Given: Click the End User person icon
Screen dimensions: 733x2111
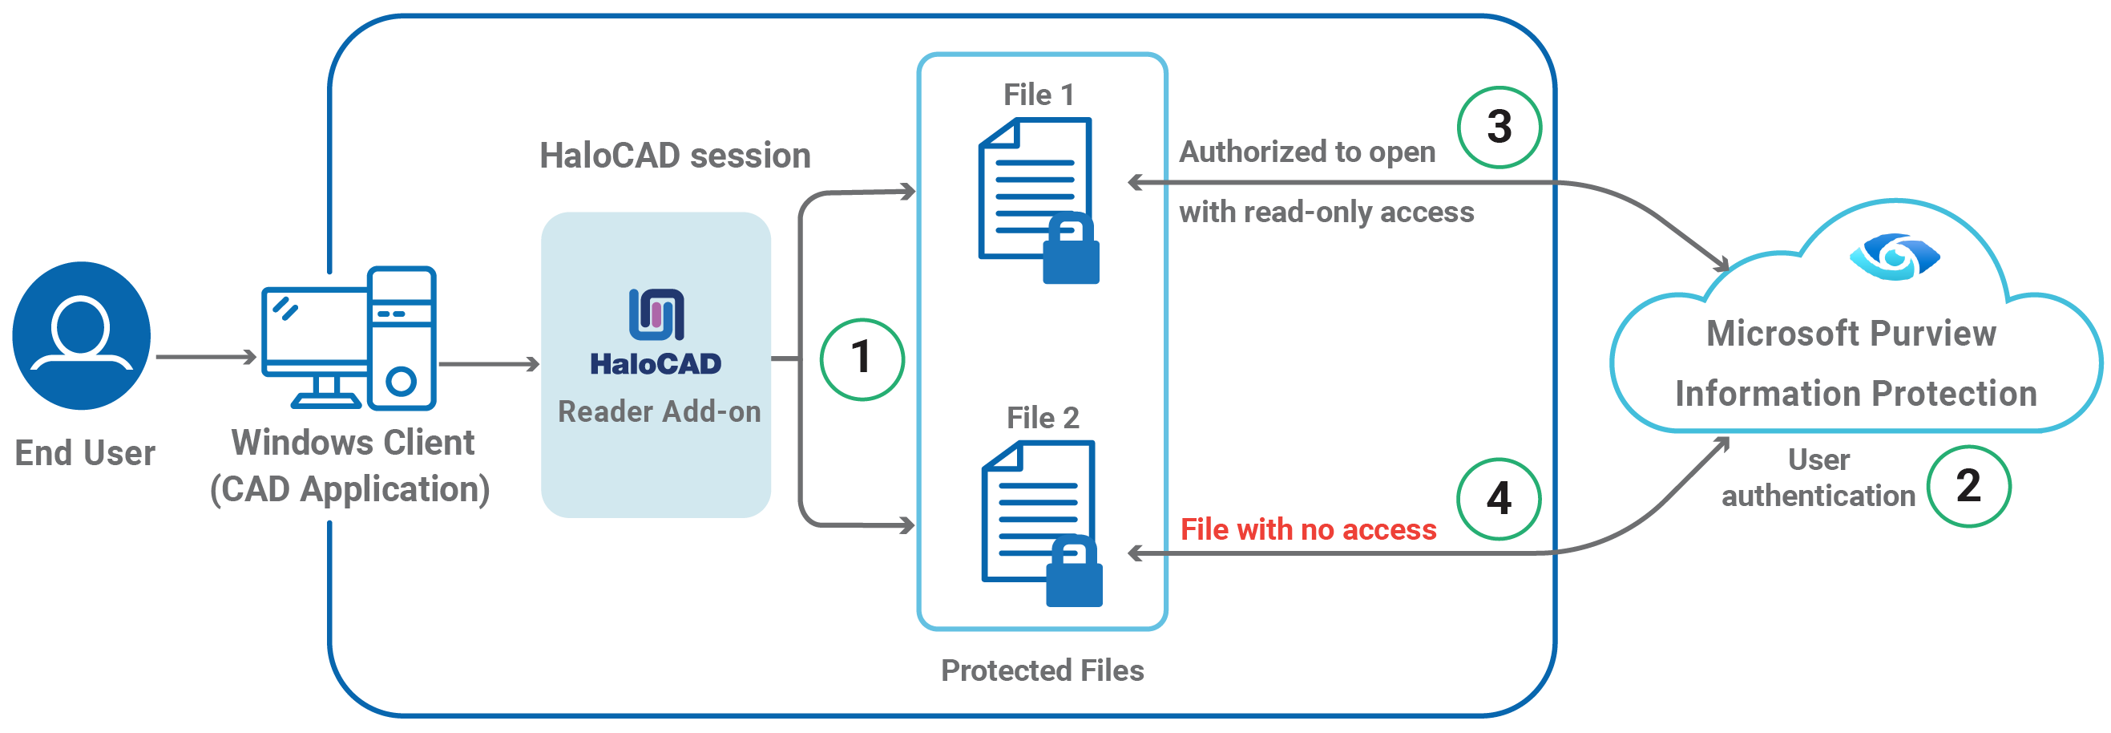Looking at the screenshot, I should (x=81, y=335).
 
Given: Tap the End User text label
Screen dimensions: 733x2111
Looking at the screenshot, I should (x=84, y=453).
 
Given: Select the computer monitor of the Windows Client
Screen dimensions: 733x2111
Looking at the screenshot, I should (x=315, y=332).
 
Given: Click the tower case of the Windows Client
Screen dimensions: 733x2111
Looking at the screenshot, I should (x=402, y=338).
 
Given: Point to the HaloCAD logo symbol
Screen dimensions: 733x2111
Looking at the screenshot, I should (x=656, y=314).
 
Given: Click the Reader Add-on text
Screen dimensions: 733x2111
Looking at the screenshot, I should (x=659, y=411).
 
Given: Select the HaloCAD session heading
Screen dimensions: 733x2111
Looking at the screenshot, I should (x=675, y=156).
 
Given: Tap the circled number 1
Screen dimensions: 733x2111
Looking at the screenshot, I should (x=862, y=359).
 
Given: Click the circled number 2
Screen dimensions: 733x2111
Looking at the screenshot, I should (x=1968, y=486).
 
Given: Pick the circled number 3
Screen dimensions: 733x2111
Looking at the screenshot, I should (x=1499, y=127).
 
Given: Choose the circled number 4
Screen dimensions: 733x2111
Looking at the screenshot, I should (x=1498, y=499).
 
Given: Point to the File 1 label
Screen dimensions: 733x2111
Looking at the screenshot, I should (x=1039, y=95).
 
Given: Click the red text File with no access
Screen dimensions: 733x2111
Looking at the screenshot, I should (x=1308, y=529).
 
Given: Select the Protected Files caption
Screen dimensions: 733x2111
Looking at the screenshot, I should (x=1042, y=670).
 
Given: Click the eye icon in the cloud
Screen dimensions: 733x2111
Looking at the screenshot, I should (x=1895, y=257).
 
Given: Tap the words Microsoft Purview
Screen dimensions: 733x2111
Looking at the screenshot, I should (x=1851, y=334).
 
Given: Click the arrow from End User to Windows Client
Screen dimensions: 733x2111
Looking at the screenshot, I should (x=206, y=357).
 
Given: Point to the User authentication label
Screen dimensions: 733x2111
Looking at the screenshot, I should (x=1818, y=478).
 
